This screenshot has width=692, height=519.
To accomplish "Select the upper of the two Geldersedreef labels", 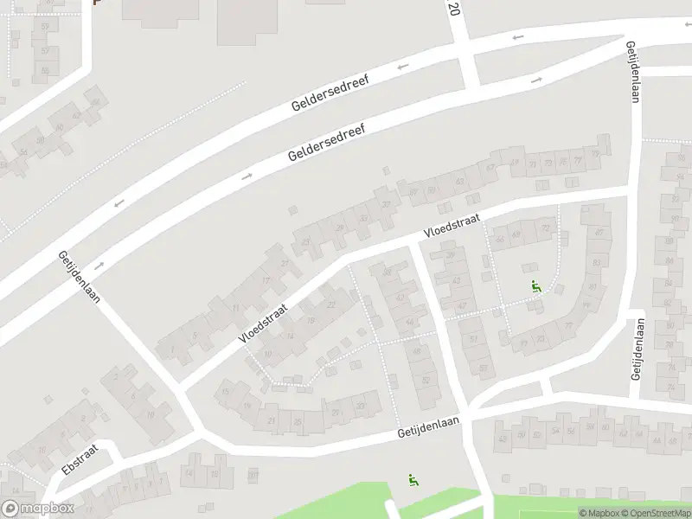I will click(x=330, y=94).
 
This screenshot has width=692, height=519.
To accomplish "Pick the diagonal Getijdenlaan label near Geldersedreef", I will click(x=80, y=276).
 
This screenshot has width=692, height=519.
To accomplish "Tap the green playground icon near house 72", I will click(x=536, y=286).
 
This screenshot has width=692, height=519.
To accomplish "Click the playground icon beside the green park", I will click(x=413, y=479).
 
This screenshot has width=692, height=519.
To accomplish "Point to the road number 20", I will click(x=454, y=9).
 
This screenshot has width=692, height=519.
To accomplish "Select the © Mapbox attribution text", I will click(x=599, y=513).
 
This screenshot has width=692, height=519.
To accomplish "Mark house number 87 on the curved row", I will click(x=598, y=234).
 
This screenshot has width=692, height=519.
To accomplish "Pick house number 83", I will click(x=595, y=260).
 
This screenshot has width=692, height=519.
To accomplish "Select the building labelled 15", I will click(x=226, y=393).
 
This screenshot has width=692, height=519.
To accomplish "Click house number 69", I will click(x=516, y=234).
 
